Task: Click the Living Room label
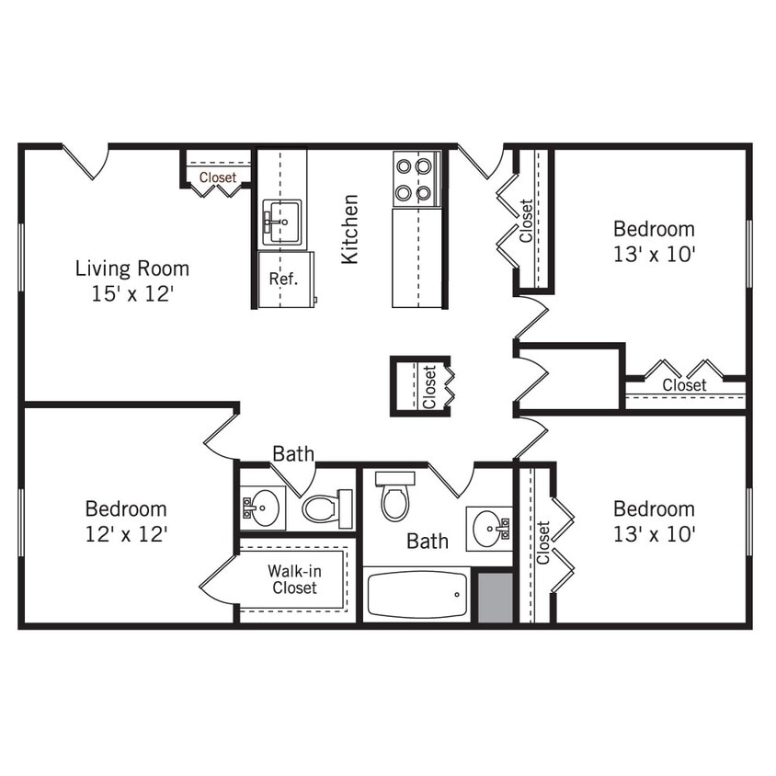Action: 131,268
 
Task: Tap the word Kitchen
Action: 349,229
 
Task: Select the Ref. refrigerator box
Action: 284,280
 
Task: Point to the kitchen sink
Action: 281,222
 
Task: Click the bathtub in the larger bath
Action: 417,596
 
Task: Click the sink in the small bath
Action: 262,508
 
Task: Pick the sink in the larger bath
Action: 488,528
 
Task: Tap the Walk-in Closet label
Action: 294,579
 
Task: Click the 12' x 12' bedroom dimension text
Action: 126,533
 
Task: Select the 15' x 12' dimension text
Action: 131,294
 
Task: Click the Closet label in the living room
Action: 218,177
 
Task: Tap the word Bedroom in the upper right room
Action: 654,229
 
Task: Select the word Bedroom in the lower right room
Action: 654,508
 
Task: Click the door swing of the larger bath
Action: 451,478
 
